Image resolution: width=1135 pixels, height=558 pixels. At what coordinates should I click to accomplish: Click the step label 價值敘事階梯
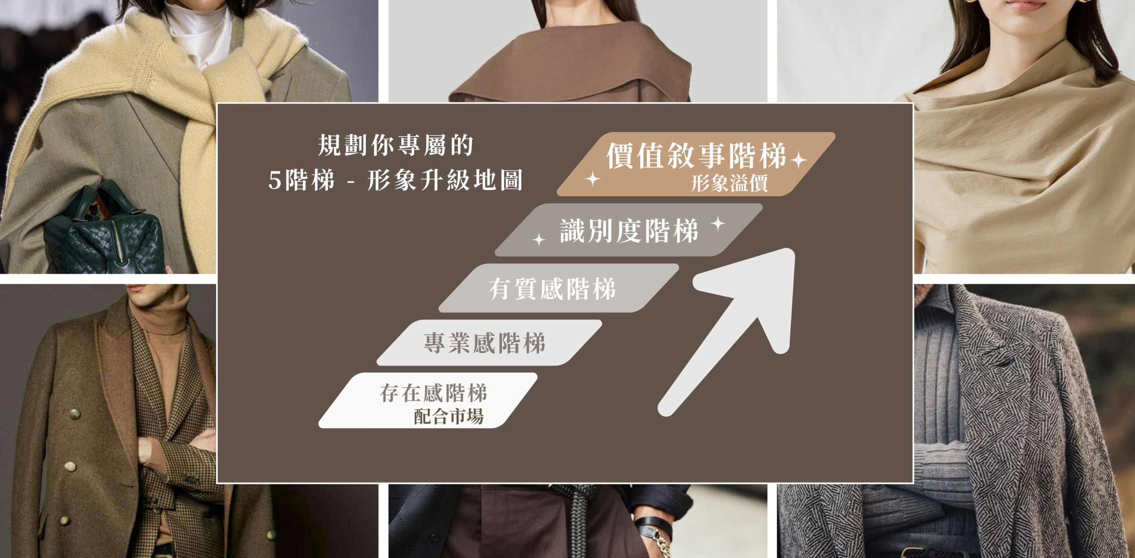click(x=696, y=155)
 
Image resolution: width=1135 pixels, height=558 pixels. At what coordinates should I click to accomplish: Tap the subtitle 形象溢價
click(x=729, y=183)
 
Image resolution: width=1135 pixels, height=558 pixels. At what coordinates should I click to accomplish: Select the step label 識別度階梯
click(x=629, y=231)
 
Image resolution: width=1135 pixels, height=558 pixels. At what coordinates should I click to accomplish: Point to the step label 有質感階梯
click(x=552, y=289)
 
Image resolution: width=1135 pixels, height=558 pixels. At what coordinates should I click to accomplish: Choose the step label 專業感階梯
click(x=485, y=343)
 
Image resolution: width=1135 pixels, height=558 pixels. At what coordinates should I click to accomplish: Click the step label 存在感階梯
click(x=434, y=393)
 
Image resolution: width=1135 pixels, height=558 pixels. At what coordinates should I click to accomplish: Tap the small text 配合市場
click(x=449, y=416)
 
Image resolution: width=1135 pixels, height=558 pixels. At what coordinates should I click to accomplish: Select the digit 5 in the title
click(x=275, y=181)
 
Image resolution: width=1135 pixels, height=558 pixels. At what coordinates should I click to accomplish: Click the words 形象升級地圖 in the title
click(x=445, y=180)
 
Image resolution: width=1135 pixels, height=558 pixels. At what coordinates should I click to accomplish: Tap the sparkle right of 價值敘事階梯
click(x=798, y=160)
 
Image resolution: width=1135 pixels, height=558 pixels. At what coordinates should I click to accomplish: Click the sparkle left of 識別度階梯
click(x=539, y=240)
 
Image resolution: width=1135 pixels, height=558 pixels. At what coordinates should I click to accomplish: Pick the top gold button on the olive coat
click(x=75, y=415)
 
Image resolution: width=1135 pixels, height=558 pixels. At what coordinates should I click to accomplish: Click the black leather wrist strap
click(x=652, y=526)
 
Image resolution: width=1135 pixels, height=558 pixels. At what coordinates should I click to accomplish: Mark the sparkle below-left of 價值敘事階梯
click(x=593, y=179)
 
